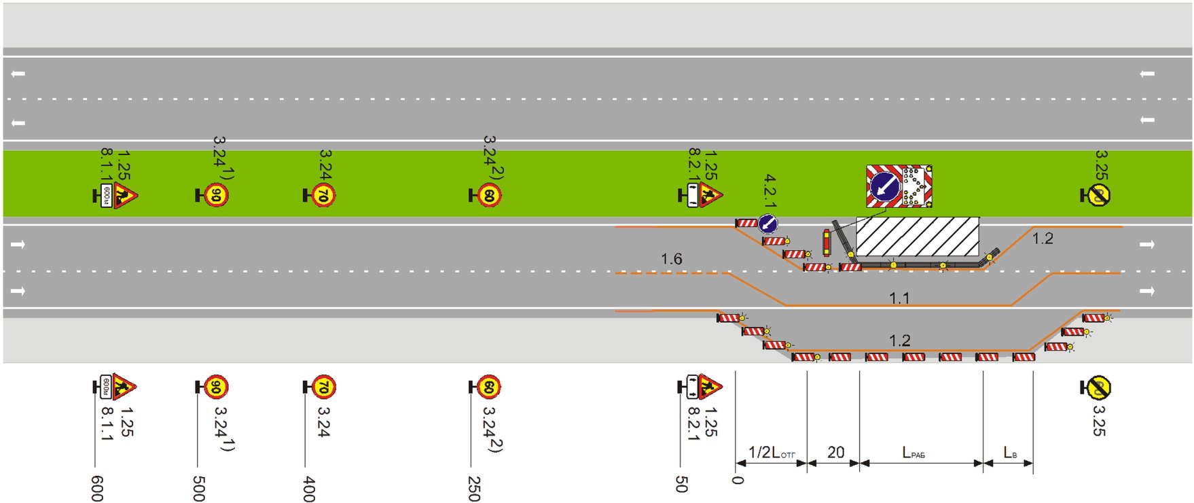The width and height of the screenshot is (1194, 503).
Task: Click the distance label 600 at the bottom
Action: coord(97,488)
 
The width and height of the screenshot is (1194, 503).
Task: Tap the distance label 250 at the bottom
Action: coord(474,488)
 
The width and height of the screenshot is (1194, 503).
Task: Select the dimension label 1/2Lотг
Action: coord(771,453)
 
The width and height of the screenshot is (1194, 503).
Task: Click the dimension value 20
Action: coord(835,453)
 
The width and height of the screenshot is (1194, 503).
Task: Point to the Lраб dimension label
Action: coord(913,453)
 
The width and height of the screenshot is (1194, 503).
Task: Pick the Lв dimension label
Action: coord(1010,453)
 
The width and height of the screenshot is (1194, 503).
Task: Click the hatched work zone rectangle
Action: coord(917,237)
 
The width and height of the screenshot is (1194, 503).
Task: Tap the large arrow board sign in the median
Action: coord(899,186)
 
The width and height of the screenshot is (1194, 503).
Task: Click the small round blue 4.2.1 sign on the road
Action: coord(767,223)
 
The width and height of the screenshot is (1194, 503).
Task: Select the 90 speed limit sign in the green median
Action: coord(216,196)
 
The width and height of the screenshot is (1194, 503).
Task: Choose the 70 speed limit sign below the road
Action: coord(323,387)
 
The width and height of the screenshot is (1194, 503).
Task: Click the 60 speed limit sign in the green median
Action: coord(489,196)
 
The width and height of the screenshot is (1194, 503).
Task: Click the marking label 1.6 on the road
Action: coord(671,259)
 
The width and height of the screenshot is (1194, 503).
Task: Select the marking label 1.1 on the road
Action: coord(899,298)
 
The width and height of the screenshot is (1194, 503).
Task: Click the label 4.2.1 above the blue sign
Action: coord(770,190)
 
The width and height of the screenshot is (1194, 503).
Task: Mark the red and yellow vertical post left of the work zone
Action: coord(826,243)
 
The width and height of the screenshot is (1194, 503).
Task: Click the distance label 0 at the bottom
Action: coord(738,480)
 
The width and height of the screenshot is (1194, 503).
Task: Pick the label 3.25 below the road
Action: coord(1100,420)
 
